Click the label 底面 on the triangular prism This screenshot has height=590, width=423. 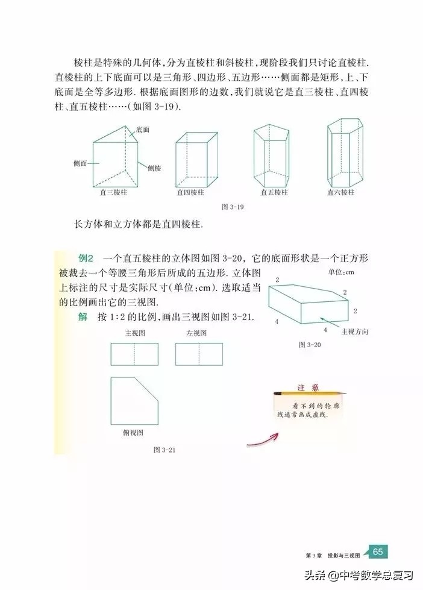click(142, 129)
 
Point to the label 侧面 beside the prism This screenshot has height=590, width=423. click(81, 163)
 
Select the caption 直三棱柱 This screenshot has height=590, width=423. click(114, 193)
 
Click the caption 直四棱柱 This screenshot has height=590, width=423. click(190, 193)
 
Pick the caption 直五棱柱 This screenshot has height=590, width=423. click(274, 193)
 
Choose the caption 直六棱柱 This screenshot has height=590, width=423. click(341, 193)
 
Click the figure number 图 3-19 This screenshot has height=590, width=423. click(232, 207)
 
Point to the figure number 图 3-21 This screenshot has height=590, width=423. click(164, 450)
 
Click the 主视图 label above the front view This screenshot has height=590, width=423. click(134, 333)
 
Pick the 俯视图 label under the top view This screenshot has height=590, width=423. click(133, 432)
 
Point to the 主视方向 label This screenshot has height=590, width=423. click(355, 331)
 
